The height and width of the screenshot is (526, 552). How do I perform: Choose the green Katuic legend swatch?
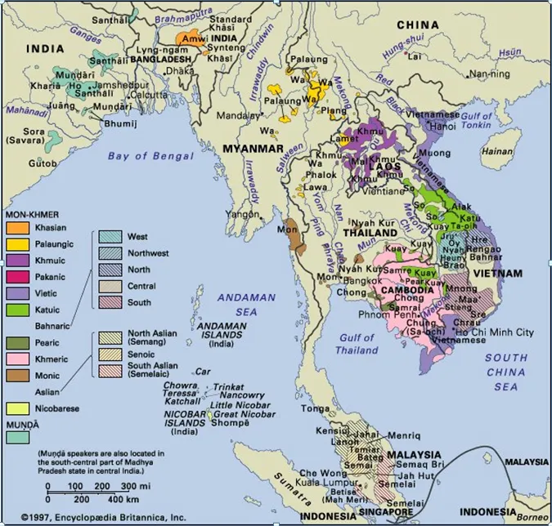pyautogui.click(x=18, y=310)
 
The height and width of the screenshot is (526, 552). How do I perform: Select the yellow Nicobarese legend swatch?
pyautogui.click(x=18, y=408)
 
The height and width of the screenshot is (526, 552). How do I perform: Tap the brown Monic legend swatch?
pyautogui.click(x=18, y=375)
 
